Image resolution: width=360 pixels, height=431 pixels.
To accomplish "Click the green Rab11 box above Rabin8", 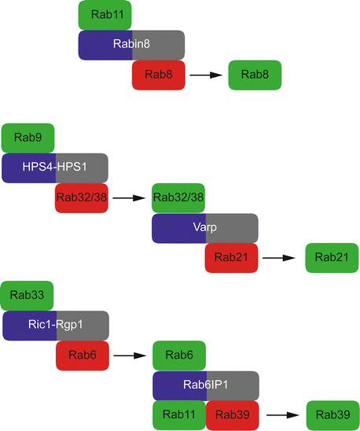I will tap(105, 15).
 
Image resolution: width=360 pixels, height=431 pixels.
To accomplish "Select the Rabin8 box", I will tap(131, 45).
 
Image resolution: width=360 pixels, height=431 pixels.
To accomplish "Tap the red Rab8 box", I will tap(159, 75).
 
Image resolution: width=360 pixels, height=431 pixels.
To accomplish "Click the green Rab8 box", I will tap(255, 75).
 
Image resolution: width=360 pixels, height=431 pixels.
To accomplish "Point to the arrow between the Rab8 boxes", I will tap(205, 75).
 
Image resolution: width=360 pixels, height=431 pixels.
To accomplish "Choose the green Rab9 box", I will tap(28, 138).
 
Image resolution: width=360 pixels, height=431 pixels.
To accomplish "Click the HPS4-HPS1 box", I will tap(55, 168).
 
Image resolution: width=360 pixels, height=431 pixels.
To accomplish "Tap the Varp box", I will tap(205, 228).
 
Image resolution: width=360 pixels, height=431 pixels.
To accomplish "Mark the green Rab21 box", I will tap(332, 258).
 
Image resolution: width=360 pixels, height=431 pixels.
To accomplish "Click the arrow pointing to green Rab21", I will tap(281, 258).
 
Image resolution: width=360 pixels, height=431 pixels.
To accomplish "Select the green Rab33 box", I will tap(28, 295).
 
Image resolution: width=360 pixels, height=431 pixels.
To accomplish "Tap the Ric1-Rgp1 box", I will tap(55, 325).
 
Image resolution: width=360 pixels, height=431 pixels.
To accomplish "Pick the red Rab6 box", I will tap(82, 355).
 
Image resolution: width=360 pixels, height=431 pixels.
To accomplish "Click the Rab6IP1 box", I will tap(205, 385).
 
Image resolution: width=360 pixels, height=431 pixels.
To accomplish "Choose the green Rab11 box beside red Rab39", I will tap(178, 414).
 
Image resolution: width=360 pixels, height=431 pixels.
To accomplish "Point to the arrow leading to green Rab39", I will tap(281, 414).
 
